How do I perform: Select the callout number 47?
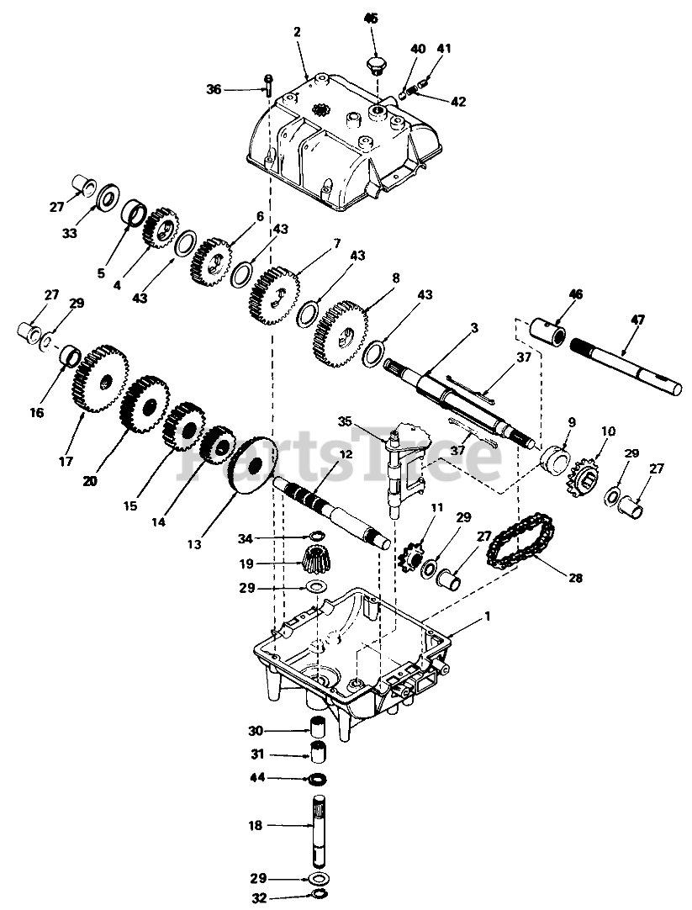click(637, 319)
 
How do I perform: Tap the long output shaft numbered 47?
click(626, 365)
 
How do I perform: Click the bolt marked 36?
click(268, 85)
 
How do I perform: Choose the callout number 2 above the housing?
click(297, 32)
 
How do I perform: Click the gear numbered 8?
click(342, 334)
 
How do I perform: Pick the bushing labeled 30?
click(318, 728)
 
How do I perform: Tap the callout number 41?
click(444, 48)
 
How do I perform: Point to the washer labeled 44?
click(318, 778)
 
